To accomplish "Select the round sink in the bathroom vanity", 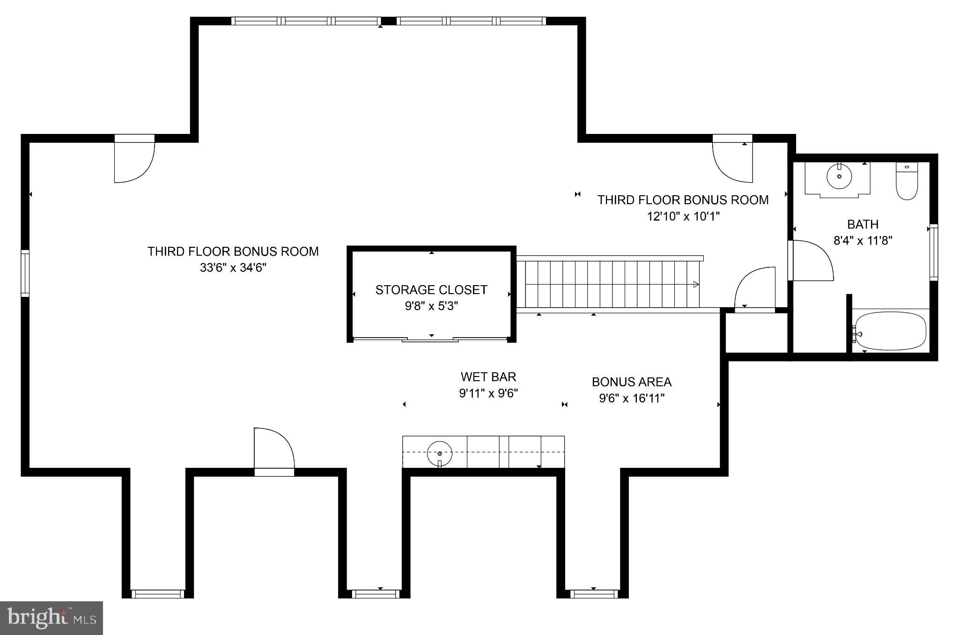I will click(839, 177).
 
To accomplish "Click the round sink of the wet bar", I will click(440, 453).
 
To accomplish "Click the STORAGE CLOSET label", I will click(431, 290).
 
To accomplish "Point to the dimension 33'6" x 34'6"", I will click(233, 268).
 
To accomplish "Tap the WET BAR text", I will click(488, 377).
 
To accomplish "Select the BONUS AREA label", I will click(631, 382).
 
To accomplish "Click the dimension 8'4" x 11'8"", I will click(863, 241).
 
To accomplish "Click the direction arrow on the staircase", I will click(696, 284).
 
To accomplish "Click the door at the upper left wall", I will click(134, 162).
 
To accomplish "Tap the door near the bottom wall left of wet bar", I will click(274, 450).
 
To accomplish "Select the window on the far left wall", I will click(25, 273).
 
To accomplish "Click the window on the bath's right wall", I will click(933, 252).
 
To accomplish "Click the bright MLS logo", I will click(52, 618).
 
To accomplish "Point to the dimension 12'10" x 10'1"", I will click(683, 216).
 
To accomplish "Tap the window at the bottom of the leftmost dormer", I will click(157, 594).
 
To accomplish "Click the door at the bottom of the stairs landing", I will click(755, 288).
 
